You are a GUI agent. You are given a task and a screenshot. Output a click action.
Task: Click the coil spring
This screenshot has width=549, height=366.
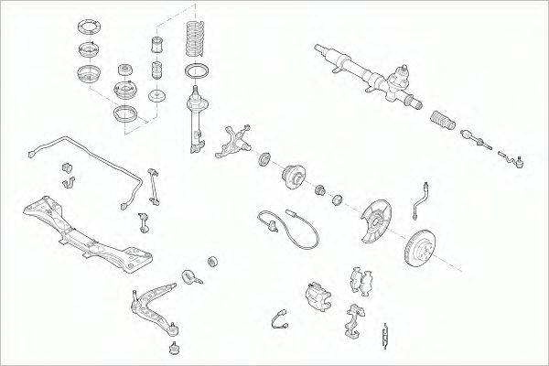tap(197, 40)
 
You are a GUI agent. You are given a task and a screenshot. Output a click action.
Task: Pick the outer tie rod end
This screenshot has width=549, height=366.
tap(512, 163)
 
